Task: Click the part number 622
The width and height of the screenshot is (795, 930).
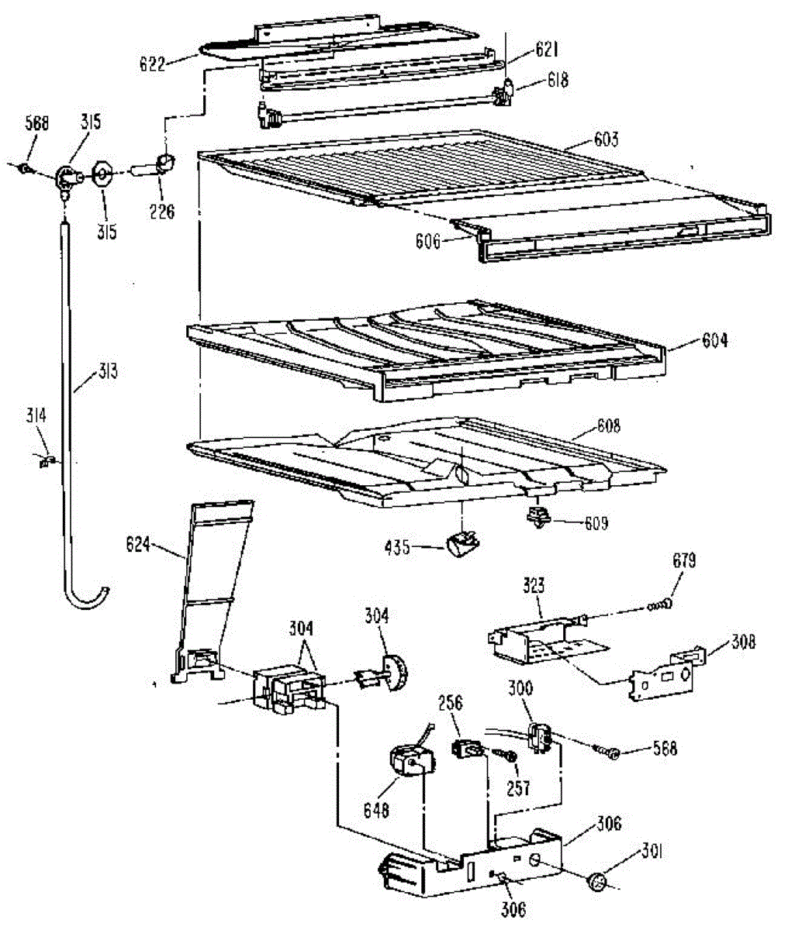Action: click(x=152, y=64)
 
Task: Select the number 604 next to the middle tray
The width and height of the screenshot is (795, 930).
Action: click(x=714, y=339)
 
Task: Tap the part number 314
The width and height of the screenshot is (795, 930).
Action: click(x=36, y=417)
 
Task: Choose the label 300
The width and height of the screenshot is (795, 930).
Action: click(x=520, y=688)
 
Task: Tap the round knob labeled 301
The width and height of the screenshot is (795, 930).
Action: click(x=599, y=882)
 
